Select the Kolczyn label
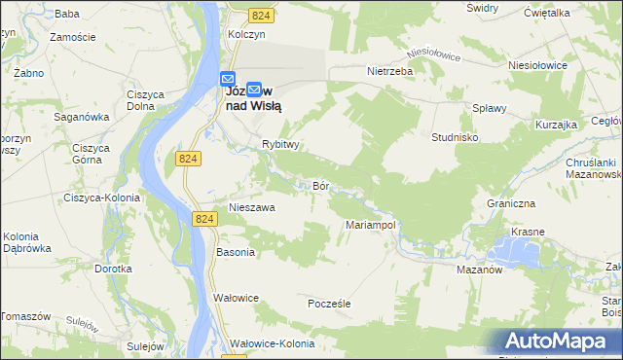coord(246,34)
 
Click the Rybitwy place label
coord(279,143)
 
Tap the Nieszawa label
coord(251,207)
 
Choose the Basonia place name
coord(236,252)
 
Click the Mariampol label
coord(370,225)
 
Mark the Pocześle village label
coord(328,304)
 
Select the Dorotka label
coord(113,268)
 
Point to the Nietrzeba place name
coord(390,71)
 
